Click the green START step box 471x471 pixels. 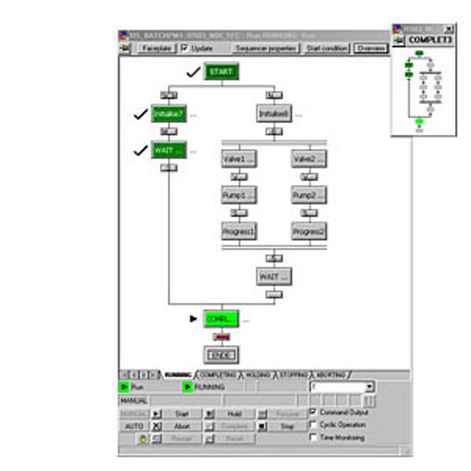[221, 71]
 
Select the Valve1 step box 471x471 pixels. [239, 159]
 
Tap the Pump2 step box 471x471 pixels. [309, 195]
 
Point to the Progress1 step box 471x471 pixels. [239, 231]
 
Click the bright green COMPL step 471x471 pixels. [221, 319]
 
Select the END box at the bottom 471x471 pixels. [221, 355]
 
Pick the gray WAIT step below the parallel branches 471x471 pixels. [274, 277]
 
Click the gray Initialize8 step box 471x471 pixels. [274, 114]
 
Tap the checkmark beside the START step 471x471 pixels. [194, 72]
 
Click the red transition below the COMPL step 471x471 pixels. [221, 337]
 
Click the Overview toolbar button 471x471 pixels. [371, 48]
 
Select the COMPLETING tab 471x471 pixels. [218, 375]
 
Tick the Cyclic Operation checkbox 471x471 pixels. [313, 425]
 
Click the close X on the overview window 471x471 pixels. [449, 29]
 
